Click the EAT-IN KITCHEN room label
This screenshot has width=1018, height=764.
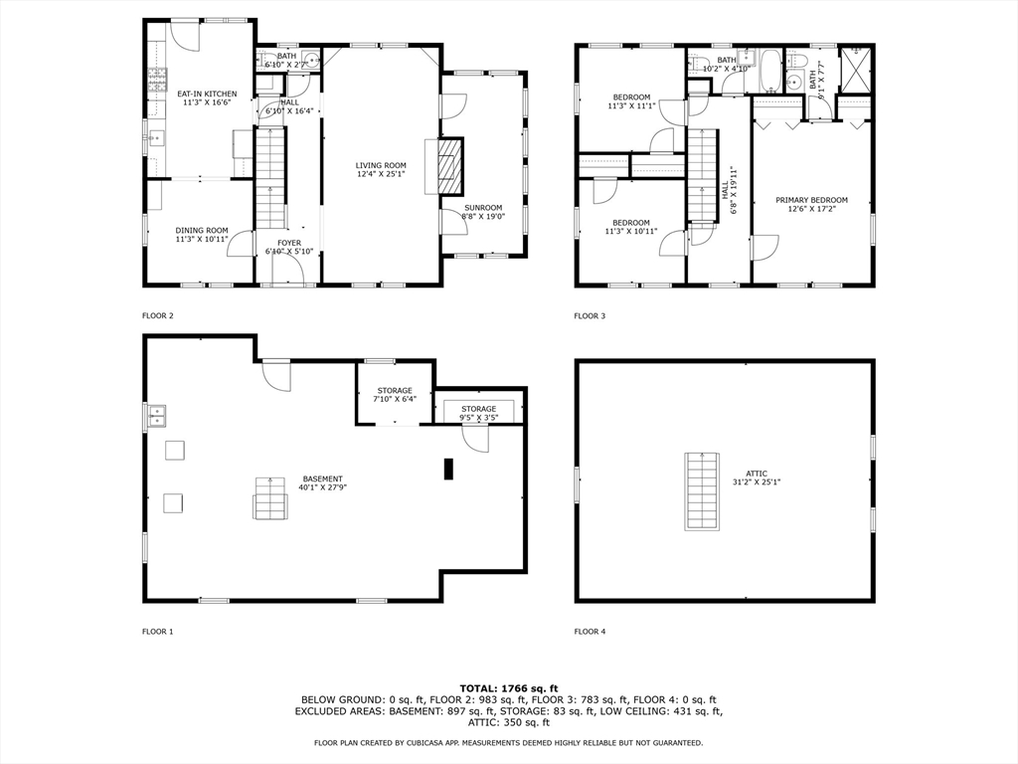(207, 98)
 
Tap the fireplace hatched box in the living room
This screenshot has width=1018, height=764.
(449, 166)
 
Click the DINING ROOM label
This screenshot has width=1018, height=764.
(202, 235)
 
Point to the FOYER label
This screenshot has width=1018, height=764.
(289, 247)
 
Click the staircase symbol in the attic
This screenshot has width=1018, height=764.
(702, 491)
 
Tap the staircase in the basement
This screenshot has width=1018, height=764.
(269, 498)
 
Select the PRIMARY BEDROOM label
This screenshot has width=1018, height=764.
(811, 205)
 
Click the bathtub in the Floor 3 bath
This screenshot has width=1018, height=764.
(770, 71)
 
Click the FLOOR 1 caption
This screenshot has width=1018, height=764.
(158, 632)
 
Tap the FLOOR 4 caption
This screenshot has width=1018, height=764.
(590, 632)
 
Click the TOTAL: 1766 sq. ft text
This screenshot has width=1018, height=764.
(509, 688)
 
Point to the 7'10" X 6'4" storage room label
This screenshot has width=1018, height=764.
(395, 395)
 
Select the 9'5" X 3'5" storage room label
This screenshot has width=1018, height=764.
(479, 413)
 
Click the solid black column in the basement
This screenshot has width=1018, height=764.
(448, 470)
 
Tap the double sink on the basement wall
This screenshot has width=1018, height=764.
(156, 416)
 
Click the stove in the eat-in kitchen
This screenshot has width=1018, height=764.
(157, 82)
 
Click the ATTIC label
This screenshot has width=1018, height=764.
(757, 477)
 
